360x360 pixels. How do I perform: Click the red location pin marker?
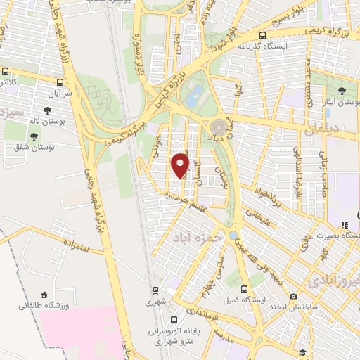tap(181, 166)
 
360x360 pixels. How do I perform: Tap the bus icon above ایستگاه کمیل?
tap(244, 289)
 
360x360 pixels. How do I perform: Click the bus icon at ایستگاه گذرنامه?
tap(262, 35)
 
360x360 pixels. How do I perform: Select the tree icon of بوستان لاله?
tap(47, 110)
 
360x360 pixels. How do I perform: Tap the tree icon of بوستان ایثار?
tap(342, 91)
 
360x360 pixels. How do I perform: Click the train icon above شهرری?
tap(155, 290)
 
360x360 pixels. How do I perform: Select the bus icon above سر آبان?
tap(6, 72)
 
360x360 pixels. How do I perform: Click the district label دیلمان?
tap(322, 130)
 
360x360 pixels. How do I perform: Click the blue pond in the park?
tap(192, 97)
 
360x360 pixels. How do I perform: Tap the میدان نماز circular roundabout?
tap(219, 127)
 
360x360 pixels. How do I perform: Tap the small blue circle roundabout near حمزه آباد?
tap(233, 235)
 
